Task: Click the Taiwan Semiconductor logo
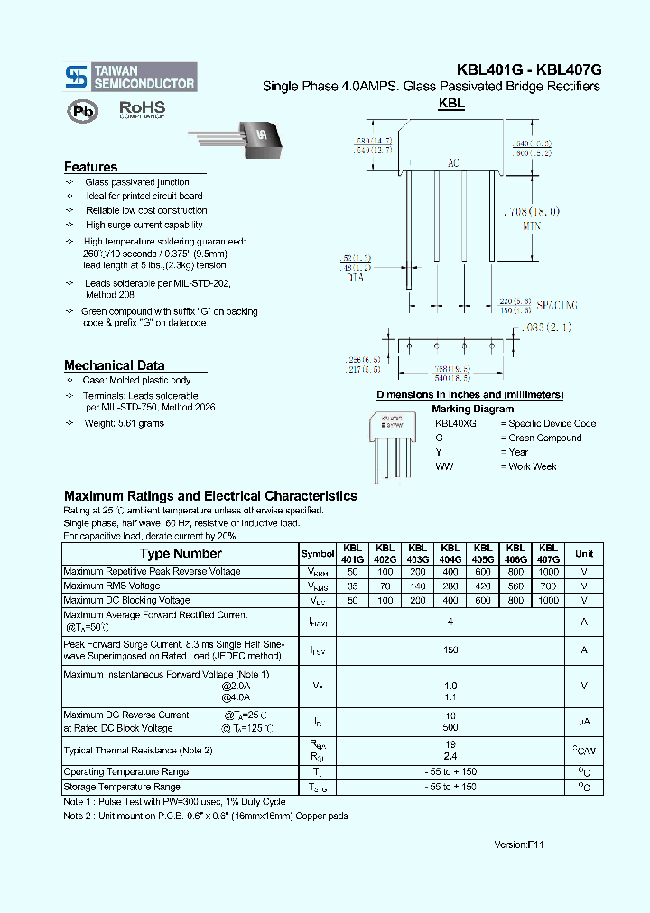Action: tap(130, 77)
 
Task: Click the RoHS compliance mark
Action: tap(142, 109)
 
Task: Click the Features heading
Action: tap(90, 167)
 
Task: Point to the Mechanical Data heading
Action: tap(114, 365)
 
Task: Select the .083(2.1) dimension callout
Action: tap(546, 327)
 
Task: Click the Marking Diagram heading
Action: tap(472, 409)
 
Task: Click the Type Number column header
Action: tap(181, 554)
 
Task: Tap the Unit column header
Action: tap(584, 554)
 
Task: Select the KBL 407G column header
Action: tap(548, 554)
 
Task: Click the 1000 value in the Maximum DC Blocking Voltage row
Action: tap(548, 600)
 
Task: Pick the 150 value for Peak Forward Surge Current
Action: tap(450, 650)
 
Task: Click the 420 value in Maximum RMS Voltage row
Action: tap(483, 586)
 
